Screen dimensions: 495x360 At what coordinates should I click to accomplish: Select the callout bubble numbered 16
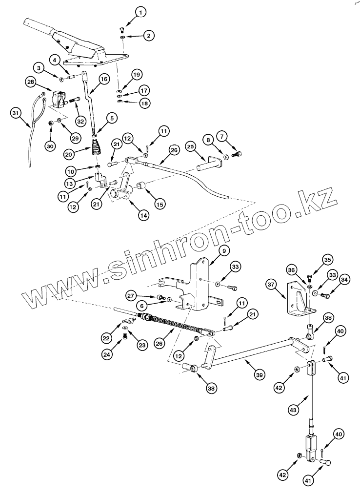(x=103, y=79)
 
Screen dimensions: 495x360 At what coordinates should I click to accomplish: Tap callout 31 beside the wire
(x=16, y=113)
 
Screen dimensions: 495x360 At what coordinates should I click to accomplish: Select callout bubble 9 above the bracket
(x=223, y=251)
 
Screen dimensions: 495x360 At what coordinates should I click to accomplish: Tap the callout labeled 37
(x=271, y=284)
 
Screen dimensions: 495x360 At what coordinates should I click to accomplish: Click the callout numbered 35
(x=327, y=259)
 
